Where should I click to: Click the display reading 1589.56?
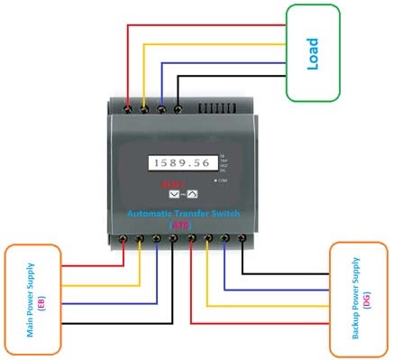click(x=178, y=164)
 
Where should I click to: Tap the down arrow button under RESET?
click(x=174, y=192)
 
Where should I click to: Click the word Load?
click(x=313, y=53)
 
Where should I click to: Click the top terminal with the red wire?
click(x=131, y=107)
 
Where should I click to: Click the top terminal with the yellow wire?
click(x=145, y=107)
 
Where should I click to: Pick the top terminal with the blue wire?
click(x=161, y=107)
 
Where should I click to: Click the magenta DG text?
click(x=351, y=297)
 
